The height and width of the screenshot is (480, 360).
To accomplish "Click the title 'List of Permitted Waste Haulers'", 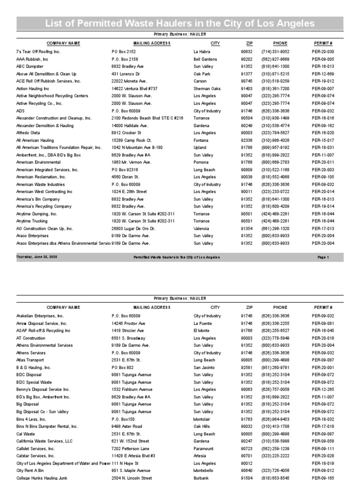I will pyautogui.click(x=180, y=23).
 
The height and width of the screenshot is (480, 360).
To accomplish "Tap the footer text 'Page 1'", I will pyautogui.click(x=323, y=257).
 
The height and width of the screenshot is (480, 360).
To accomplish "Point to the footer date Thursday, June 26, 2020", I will pyautogui.click(x=37, y=257).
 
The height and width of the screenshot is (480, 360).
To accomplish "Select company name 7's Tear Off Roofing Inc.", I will pyautogui.click(x=38, y=52).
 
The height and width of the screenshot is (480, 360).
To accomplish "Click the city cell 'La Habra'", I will pyautogui.click(x=202, y=52).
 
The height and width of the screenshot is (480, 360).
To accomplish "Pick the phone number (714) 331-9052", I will pyautogui.click(x=275, y=52).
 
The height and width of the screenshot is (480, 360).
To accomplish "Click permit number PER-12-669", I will pyautogui.click(x=323, y=74).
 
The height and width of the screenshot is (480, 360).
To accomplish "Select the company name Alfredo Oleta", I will pyautogui.click(x=29, y=133).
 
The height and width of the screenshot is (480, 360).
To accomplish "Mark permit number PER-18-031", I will pyautogui.click(x=323, y=148).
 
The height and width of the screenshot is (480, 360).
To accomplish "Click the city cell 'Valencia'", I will pyautogui.click(x=202, y=228).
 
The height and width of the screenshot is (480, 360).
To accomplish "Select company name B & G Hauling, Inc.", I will pyautogui.click(x=34, y=368).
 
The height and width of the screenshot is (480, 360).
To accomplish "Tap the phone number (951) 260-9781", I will pyautogui.click(x=275, y=368).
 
